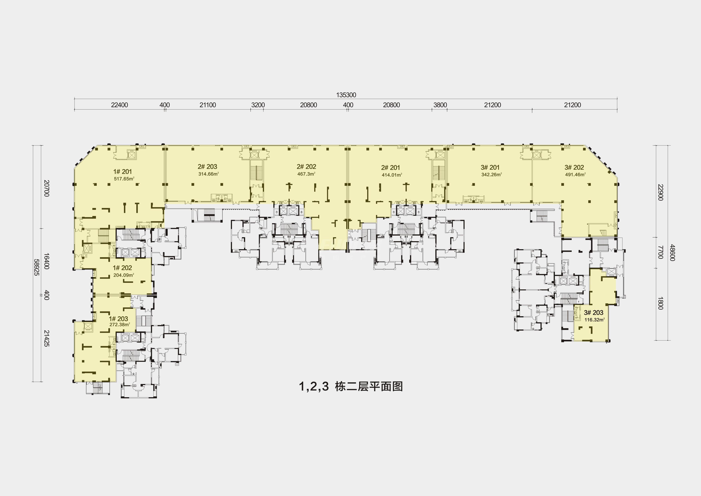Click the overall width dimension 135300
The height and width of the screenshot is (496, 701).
pyautogui.click(x=346, y=95)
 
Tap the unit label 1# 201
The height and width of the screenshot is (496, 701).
pyautogui.click(x=123, y=172)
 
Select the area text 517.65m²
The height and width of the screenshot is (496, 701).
pyautogui.click(x=124, y=179)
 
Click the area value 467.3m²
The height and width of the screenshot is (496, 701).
pyautogui.click(x=306, y=174)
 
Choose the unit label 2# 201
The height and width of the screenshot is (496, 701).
pyautogui.click(x=391, y=168)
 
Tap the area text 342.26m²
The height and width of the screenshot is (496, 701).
pyautogui.click(x=492, y=175)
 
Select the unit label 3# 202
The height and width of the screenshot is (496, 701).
pyautogui.click(x=574, y=167)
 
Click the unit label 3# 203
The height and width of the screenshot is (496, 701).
pyautogui.click(x=593, y=313)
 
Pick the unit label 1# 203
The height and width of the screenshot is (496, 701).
pyautogui.click(x=119, y=319)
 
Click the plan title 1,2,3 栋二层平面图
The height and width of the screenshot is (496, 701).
pyautogui.click(x=351, y=386)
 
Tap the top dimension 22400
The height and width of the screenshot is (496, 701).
pyautogui.click(x=119, y=105)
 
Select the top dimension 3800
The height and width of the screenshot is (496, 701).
pyautogui.click(x=440, y=105)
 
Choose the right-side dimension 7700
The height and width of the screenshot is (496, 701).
pyautogui.click(x=660, y=252)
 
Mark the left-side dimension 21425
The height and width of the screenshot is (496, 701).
pyautogui.click(x=46, y=338)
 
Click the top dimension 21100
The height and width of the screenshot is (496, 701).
pyautogui.click(x=208, y=105)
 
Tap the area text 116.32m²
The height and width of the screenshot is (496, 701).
pyautogui.click(x=595, y=320)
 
